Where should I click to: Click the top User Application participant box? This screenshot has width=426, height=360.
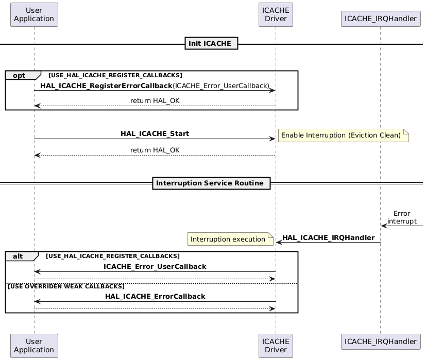[x=34, y=14]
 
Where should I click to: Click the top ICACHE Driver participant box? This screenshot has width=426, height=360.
[x=276, y=14]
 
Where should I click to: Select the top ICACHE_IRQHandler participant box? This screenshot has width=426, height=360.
[x=380, y=19]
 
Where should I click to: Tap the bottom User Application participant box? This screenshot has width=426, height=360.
[x=34, y=346]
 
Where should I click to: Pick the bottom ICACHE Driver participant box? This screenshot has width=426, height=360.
[x=276, y=346]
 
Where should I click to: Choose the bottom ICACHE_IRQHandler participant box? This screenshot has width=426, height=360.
[x=380, y=341]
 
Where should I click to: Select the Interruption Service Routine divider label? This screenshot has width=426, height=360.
[x=211, y=183]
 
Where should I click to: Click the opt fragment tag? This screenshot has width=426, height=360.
[x=20, y=75]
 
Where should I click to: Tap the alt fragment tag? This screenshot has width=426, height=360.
[x=19, y=256]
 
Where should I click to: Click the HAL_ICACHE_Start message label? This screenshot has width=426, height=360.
[x=155, y=133]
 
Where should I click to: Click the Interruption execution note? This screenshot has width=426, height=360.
[x=229, y=239]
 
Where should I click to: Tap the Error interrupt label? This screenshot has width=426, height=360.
[x=402, y=217]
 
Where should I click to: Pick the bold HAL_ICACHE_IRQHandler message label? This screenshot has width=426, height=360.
[x=328, y=237]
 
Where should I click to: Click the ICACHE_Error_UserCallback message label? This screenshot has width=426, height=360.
[x=155, y=266]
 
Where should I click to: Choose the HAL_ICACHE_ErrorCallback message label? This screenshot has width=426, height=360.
[x=155, y=296]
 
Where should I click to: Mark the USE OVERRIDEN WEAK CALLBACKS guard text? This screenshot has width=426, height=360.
[x=66, y=286]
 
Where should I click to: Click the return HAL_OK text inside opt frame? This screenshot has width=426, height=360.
[x=155, y=100]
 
